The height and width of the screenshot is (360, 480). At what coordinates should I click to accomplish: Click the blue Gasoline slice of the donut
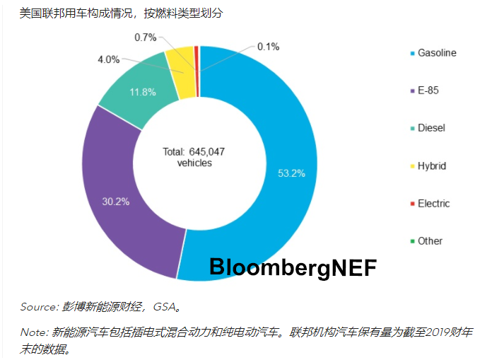pos(283,141)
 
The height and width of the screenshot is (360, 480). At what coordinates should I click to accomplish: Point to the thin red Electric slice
pos(197,58)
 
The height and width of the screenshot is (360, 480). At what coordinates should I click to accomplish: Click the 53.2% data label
pos(291,173)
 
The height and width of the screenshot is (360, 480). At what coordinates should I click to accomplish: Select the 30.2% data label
pos(115,202)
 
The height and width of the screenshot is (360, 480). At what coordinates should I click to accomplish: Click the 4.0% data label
pos(108,59)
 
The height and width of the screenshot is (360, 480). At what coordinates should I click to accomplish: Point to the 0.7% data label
pos(146,36)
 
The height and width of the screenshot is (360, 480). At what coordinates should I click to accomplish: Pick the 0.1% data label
pos(268,47)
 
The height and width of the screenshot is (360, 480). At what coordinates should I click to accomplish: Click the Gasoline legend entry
pos(436,53)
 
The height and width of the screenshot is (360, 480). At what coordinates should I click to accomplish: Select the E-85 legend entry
pos(429,91)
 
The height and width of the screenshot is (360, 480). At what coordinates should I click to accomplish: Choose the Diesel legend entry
pos(431,128)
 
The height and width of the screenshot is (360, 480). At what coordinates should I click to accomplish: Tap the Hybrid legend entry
pos(431,166)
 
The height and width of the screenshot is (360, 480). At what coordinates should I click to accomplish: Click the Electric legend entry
pos(433,203)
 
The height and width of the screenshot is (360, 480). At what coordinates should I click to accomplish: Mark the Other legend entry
pos(430,240)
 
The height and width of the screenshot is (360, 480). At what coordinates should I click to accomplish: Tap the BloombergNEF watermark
pos(293,267)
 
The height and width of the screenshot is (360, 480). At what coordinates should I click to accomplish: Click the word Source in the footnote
pos(37,306)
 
